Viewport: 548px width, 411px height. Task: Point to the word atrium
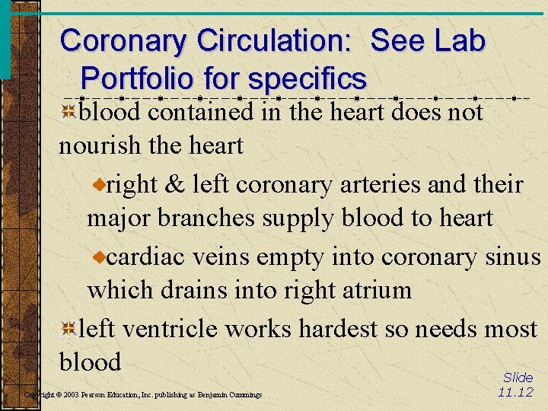tap(376, 290)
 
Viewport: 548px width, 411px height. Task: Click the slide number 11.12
tap(515, 393)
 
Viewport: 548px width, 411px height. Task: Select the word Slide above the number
tap(518, 378)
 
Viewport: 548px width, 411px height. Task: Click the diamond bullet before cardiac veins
tap(99, 258)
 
